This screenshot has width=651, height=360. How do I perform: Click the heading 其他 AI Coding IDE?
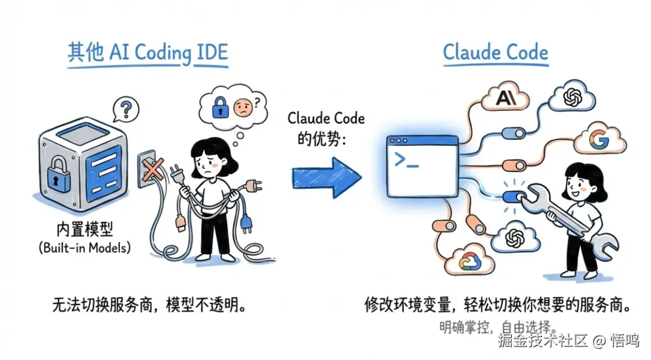(x=148, y=53)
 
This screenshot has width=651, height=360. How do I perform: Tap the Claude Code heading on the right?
(x=495, y=52)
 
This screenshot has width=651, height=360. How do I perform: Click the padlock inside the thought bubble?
(x=219, y=109)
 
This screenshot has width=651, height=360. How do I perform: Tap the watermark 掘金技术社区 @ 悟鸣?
(x=568, y=341)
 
